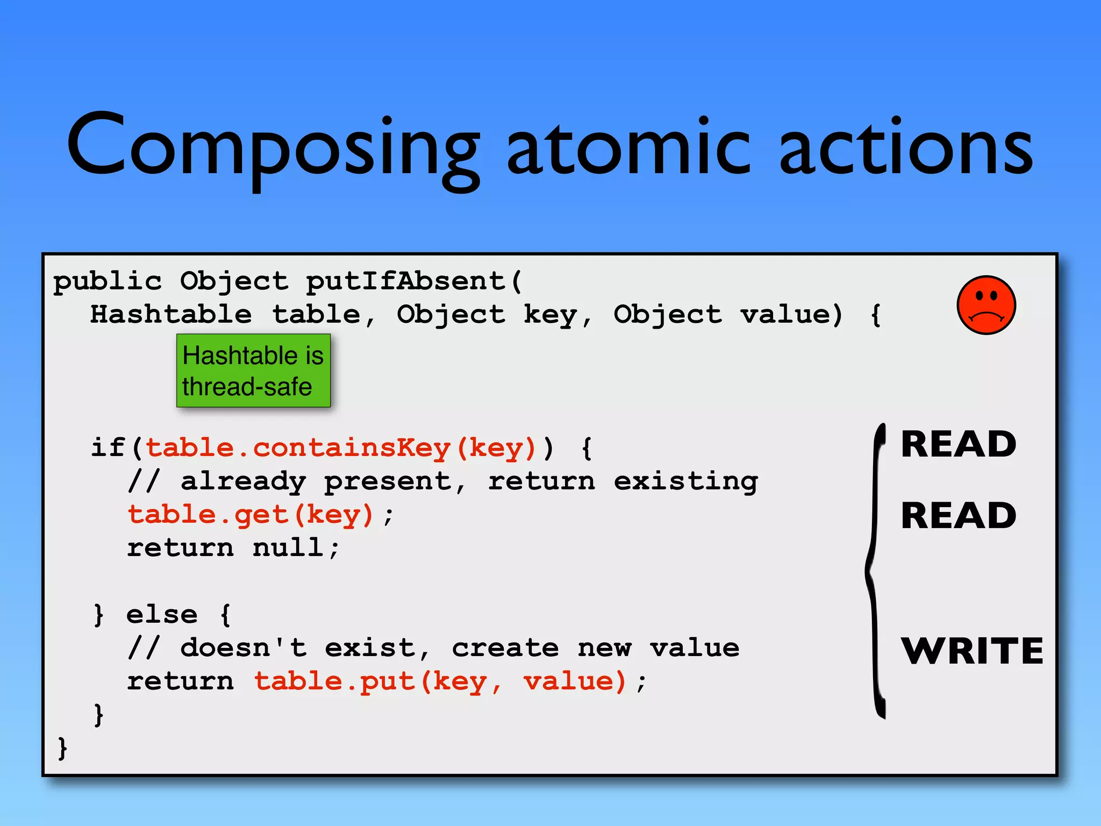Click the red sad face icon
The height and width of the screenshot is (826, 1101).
coord(986,305)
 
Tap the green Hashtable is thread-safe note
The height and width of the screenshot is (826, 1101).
coord(253,371)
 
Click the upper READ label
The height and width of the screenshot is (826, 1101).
coord(959,445)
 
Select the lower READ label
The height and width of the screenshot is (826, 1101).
coord(959,516)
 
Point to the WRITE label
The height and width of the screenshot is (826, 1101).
coord(972,651)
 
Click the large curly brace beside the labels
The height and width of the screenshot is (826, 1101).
coord(876,570)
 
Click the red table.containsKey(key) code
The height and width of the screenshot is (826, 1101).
coord(341,448)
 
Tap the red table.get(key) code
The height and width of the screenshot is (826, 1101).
coord(250,515)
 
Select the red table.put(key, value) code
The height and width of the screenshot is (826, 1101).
coord(440,681)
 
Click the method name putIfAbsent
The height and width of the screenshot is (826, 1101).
coord(406,281)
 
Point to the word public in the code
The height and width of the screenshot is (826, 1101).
coord(108,281)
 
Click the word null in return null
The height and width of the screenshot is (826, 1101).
coord(288,548)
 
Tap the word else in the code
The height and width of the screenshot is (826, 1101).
coord(162,615)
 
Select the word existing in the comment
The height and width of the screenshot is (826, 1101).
coord(685,481)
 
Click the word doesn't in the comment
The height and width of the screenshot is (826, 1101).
coord(243,648)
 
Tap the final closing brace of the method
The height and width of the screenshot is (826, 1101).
coord(62,748)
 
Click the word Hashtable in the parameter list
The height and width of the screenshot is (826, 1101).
coord(170,315)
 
